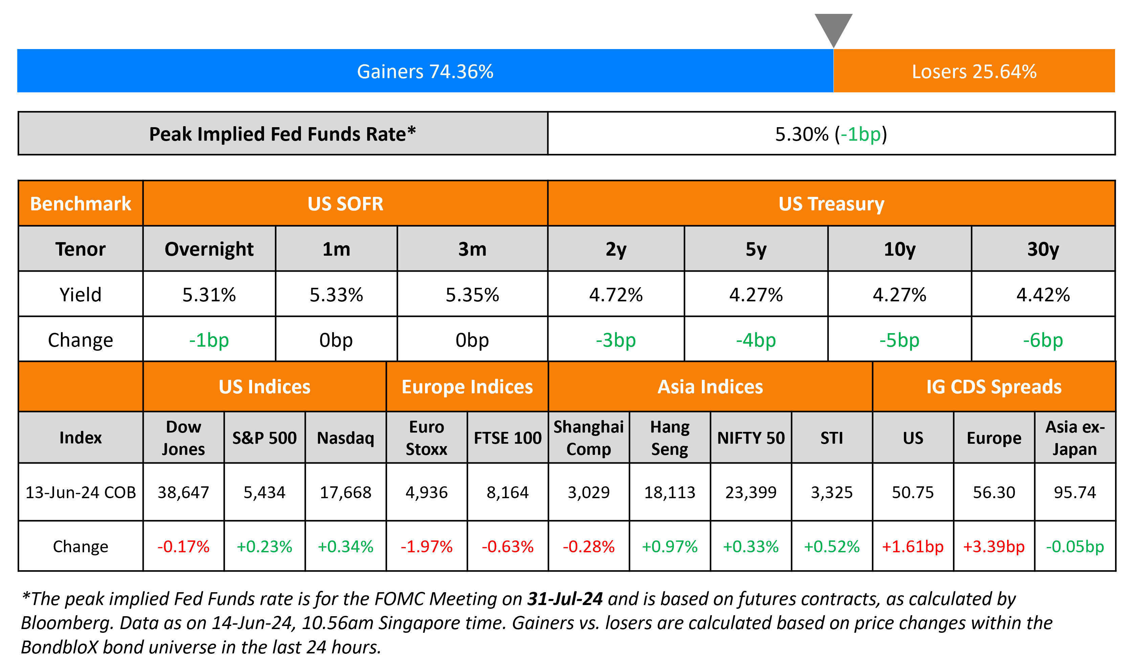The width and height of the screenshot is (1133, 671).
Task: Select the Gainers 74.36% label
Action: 425,71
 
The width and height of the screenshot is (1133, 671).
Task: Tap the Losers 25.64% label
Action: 974,71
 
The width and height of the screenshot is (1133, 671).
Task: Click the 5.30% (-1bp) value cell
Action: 831,134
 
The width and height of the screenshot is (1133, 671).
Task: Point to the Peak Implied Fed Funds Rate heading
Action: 282,134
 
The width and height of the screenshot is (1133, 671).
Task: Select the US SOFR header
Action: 345,204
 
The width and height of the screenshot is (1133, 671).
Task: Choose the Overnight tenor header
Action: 209,249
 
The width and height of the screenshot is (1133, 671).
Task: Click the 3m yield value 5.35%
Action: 472,295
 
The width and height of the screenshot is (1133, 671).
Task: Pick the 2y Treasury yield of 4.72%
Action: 616,295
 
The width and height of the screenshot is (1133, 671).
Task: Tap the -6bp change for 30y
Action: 1043,340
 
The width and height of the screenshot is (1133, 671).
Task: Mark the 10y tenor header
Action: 899,249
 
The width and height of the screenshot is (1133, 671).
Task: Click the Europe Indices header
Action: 467,387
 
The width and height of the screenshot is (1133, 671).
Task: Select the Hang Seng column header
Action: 669,438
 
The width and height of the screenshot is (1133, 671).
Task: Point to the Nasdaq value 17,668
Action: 346,492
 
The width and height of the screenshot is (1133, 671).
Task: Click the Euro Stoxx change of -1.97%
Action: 426,547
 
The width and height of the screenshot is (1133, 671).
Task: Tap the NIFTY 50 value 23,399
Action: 751,492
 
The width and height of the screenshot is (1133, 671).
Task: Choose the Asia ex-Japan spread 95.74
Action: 1075,492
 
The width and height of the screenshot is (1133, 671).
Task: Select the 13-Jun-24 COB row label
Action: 81,492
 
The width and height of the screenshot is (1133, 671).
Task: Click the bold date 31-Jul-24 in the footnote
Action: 564,599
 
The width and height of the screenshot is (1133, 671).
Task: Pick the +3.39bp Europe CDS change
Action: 994,547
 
